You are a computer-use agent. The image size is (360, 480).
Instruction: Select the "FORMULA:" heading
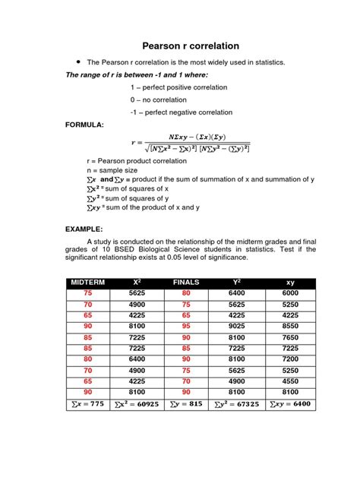(x=84, y=123)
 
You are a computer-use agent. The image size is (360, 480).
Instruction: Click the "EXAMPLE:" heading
(x=83, y=227)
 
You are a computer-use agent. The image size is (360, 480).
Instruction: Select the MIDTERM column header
(x=87, y=282)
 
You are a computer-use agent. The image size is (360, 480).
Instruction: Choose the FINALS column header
(x=185, y=282)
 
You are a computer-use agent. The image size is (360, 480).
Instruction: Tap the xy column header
(x=291, y=282)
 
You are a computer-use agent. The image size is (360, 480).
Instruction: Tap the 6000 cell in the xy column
(x=291, y=292)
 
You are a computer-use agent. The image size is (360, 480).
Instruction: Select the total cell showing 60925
(x=136, y=404)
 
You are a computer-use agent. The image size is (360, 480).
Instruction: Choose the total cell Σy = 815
(x=185, y=404)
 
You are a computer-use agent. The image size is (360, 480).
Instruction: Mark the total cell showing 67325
(x=237, y=404)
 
